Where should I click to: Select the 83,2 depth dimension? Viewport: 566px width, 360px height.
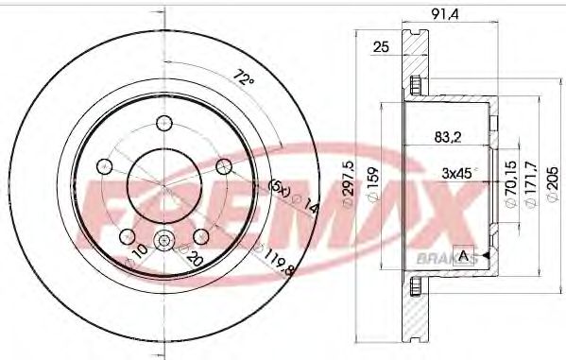click(447, 136)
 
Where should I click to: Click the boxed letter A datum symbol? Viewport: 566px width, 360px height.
click(464, 256)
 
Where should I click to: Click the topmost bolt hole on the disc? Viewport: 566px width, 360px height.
click(164, 122)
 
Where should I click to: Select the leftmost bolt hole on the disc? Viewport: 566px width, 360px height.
click(104, 166)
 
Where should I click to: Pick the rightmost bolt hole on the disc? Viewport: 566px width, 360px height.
click(224, 166)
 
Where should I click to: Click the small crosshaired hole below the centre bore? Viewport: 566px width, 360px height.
click(164, 242)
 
